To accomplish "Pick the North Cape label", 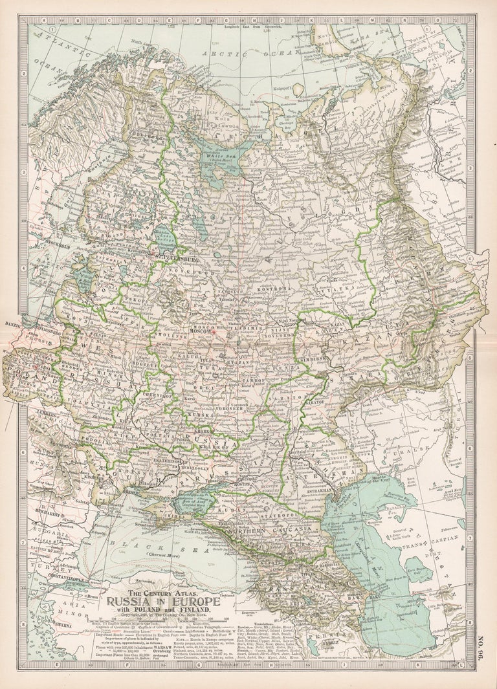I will [x=137, y=43].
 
